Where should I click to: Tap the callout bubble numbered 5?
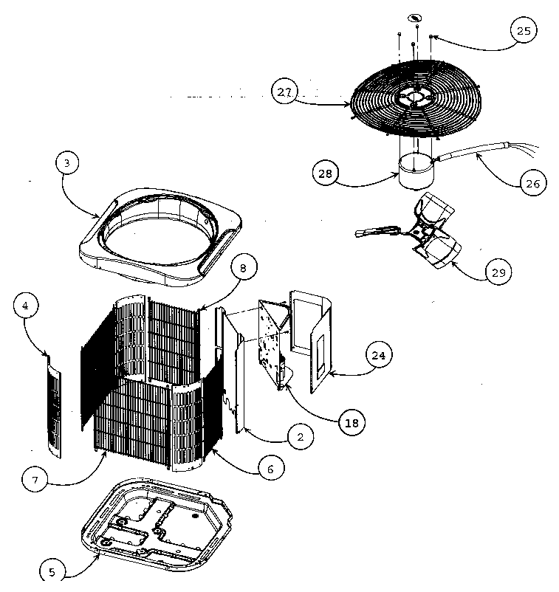pyautogui.click(x=52, y=571)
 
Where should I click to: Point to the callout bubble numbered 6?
pyautogui.click(x=270, y=469)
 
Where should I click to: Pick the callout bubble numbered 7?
pyautogui.click(x=35, y=479)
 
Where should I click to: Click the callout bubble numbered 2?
pyautogui.click(x=299, y=437)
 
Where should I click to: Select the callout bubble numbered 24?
pyautogui.click(x=378, y=355)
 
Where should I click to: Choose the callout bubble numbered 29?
pyautogui.click(x=498, y=272)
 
